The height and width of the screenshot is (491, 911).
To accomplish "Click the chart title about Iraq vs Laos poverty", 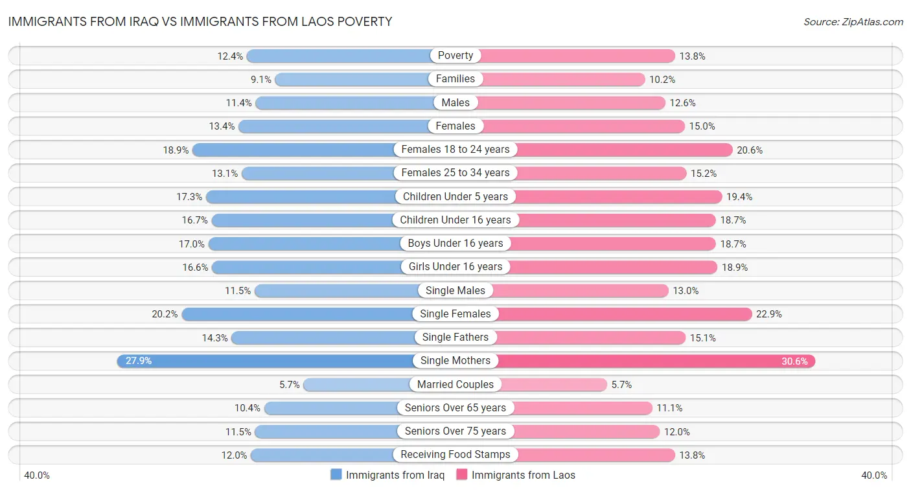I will click(x=200, y=21).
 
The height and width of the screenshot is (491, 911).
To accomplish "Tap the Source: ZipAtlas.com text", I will click(x=853, y=22).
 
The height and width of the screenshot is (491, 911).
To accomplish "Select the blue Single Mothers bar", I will click(x=266, y=361).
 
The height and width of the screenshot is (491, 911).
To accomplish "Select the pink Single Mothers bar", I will click(x=654, y=361).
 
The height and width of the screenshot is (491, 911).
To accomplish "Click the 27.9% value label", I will click(x=139, y=361).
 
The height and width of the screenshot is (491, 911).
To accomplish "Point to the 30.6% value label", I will click(x=794, y=361).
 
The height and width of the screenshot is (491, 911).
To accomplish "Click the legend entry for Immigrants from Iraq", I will click(x=387, y=475).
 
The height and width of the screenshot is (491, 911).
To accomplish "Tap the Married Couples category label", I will click(x=455, y=384).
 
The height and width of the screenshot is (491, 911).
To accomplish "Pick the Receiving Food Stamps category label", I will click(x=455, y=455).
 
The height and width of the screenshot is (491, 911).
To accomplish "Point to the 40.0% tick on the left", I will click(x=37, y=475).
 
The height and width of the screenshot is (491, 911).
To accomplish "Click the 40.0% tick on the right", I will click(x=874, y=475).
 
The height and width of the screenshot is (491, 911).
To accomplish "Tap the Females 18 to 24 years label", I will click(x=455, y=150).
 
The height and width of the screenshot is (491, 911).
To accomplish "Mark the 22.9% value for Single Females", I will click(x=769, y=314).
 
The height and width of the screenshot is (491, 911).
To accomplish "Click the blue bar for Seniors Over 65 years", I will click(x=332, y=408).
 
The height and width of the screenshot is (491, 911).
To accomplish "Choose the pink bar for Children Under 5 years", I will click(x=616, y=196).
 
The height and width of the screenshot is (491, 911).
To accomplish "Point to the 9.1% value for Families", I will click(x=260, y=79).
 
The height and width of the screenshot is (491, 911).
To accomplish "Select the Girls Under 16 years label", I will click(x=455, y=267).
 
